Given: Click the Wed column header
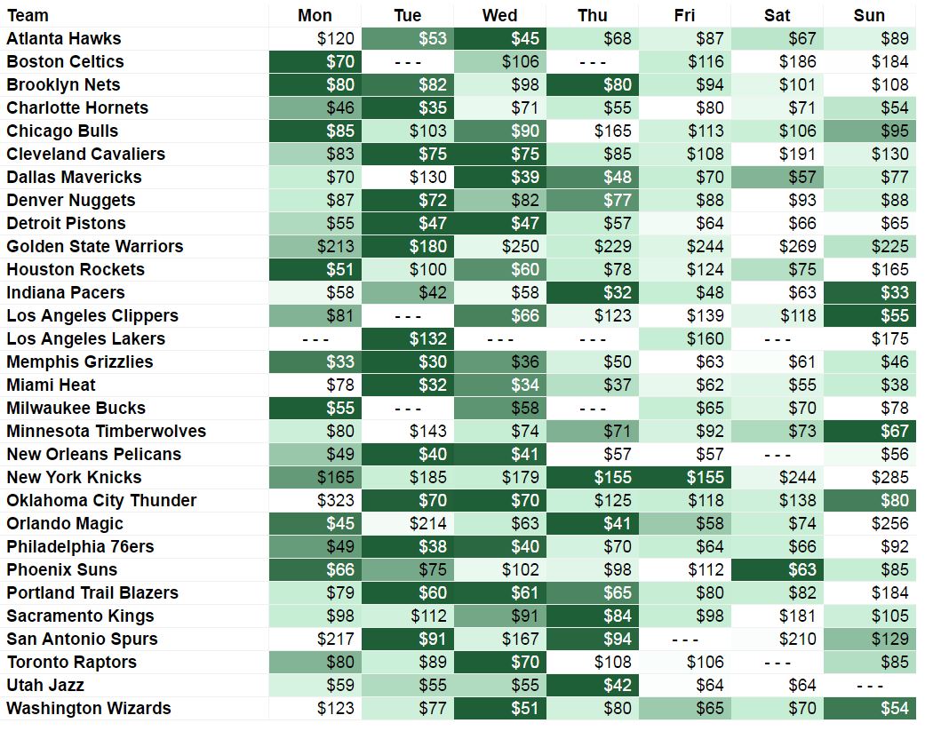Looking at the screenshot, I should pos(499,15).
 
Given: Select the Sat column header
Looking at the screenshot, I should pos(777,15).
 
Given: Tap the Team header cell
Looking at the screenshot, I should pos(28,15).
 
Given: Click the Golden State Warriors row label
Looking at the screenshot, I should pos(94,246).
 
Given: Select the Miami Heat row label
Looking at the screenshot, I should pos(51,385).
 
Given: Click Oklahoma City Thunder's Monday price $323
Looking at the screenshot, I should pos(315,500).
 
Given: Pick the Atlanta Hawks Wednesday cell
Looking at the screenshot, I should pos(499,38).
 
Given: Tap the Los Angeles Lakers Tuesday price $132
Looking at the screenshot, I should pos(408,338).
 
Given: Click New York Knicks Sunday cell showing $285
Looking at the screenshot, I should pos(869,477).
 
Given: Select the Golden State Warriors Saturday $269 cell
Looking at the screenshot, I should pos(777,246).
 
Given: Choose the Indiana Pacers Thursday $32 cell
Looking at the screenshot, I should pos(592,292).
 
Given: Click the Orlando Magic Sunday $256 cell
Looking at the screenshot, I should pos(869,523).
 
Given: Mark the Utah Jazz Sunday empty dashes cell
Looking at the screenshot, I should pos(869,685).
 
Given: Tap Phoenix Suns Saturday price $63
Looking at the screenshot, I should pos(777,569).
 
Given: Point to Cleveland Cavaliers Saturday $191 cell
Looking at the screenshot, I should pos(777,154).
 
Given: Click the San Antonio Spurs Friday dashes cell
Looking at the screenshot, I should pos(684,639).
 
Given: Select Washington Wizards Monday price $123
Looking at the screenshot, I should pos(315,708).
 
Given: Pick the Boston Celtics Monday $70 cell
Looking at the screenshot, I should pos(315,61).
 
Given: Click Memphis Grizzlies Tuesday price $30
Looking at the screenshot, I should pos(408,362).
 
